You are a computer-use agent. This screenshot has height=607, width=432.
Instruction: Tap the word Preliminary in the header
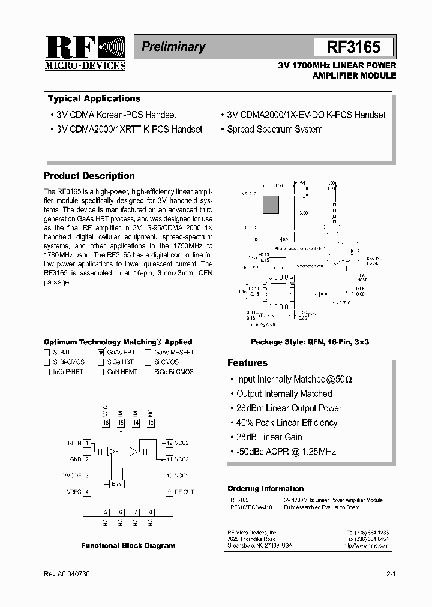(173, 47)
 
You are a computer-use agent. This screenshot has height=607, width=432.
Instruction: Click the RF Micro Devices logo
(85, 52)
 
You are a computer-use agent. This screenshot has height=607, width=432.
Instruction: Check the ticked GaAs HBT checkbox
(101, 353)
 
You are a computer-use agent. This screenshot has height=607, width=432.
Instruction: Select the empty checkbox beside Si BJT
(47, 353)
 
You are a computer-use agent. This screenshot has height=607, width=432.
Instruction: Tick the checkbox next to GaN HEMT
(101, 372)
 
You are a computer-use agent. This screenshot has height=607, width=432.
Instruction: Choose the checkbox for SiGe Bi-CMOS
(148, 372)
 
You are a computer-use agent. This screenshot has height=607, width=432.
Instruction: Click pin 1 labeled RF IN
(87, 443)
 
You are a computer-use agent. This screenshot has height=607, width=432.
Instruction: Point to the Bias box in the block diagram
(116, 483)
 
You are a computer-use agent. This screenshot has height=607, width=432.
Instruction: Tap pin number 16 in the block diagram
(106, 423)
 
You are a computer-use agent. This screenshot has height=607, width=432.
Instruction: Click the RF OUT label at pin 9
(184, 492)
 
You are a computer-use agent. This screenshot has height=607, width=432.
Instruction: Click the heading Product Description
(89, 176)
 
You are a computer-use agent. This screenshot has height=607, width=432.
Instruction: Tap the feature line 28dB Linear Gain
(269, 437)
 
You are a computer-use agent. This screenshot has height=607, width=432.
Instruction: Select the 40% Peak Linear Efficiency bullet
(287, 423)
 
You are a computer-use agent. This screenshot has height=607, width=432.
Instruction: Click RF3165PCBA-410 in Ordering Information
(251, 507)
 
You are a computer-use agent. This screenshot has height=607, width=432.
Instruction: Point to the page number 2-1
(391, 574)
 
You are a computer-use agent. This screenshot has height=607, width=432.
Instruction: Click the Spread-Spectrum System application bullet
(274, 129)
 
